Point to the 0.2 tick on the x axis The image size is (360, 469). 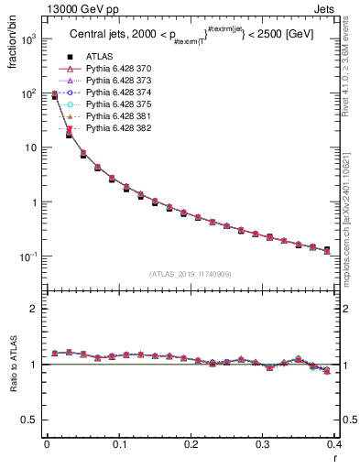click(191, 445)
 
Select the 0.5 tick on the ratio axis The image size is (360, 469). click(29, 420)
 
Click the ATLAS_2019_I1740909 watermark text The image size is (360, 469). click(191, 274)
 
